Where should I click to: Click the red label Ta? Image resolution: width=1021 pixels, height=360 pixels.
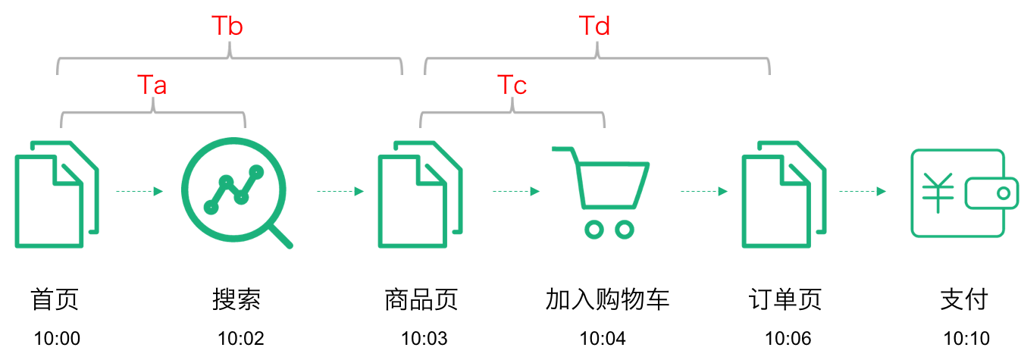click(x=152, y=85)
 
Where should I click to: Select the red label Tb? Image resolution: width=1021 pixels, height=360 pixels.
click(x=227, y=26)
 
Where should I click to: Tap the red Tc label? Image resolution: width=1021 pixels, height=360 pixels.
click(x=512, y=85)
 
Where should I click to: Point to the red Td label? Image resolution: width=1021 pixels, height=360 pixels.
click(x=595, y=26)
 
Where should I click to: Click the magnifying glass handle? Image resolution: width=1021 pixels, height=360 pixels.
click(x=280, y=236)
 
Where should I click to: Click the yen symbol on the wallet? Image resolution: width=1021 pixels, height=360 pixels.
click(x=938, y=193)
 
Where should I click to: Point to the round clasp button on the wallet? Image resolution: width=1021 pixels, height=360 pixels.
click(x=1003, y=194)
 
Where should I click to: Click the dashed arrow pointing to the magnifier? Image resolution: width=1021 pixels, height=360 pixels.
click(x=139, y=192)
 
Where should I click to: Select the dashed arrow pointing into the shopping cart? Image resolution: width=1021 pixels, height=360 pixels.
click(x=516, y=192)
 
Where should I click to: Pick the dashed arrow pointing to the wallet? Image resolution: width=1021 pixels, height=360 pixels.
click(x=863, y=192)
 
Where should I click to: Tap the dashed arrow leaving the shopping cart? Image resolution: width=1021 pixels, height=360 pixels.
click(x=704, y=192)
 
